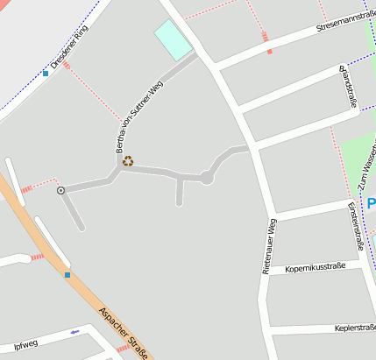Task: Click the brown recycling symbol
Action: pyautogui.click(x=128, y=160)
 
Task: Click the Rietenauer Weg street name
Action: pyautogui.click(x=270, y=248)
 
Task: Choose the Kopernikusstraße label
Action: pyautogui.click(x=316, y=266)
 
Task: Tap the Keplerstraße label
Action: pyautogui.click(x=354, y=328)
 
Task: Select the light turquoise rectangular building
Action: pyautogui.click(x=173, y=40)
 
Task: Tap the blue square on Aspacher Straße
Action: pyautogui.click(x=67, y=275)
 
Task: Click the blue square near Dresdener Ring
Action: pyautogui.click(x=46, y=74)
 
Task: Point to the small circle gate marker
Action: pyautogui.click(x=60, y=190)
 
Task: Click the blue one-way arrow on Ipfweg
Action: pyautogui.click(x=74, y=332)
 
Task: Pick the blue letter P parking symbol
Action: pyautogui.click(x=371, y=203)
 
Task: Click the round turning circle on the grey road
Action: pyautogui.click(x=207, y=178)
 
